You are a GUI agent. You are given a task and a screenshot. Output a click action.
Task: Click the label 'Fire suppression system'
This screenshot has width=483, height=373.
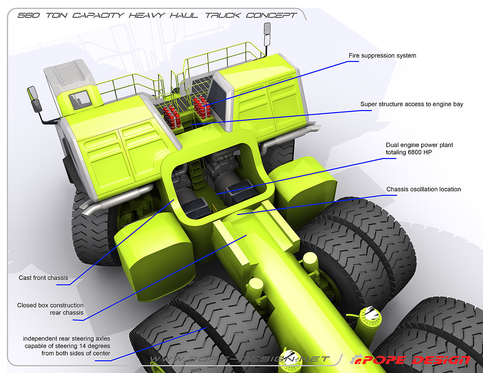[x=382, y=56]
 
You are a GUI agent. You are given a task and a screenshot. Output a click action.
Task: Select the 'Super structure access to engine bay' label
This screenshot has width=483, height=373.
[x=412, y=104]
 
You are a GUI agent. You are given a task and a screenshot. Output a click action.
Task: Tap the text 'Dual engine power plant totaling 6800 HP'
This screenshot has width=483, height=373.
[x=419, y=149]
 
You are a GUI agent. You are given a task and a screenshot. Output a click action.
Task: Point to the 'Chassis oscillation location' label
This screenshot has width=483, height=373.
[x=423, y=189]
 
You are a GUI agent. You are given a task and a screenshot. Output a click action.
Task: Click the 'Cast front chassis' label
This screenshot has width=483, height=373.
[x=43, y=278]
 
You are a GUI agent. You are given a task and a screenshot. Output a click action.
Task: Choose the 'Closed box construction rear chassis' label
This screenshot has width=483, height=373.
[x=51, y=309]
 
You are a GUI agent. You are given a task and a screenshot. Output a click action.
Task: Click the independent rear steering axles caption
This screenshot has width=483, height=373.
[x=67, y=346]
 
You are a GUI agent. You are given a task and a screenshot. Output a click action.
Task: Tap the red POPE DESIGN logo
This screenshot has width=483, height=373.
[x=416, y=360]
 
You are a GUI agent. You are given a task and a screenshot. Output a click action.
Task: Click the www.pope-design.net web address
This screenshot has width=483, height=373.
[x=240, y=359]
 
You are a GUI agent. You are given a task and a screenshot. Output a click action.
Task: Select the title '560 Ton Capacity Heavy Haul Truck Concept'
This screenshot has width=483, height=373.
[x=157, y=16]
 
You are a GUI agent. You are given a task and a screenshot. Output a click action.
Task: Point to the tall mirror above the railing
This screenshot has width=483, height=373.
[x=267, y=34]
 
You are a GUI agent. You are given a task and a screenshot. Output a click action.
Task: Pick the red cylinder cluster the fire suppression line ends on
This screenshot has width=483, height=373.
[x=202, y=107]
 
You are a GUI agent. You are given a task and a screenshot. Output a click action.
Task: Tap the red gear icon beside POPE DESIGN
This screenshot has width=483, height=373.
[x=356, y=360]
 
